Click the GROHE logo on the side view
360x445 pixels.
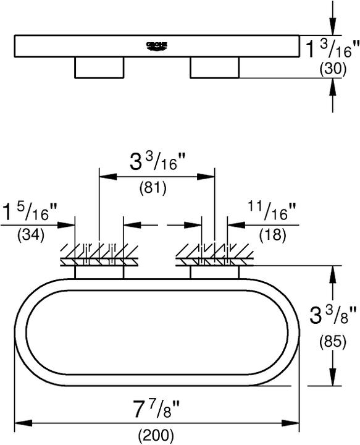tap(157, 45)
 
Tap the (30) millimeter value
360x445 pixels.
tap(333, 70)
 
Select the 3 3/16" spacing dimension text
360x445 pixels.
tap(157, 164)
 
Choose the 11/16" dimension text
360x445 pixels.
tap(272, 212)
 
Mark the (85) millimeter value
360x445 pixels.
tap(333, 340)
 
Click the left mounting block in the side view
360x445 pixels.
tap(99, 68)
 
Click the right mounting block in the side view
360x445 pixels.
tap(214, 68)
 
